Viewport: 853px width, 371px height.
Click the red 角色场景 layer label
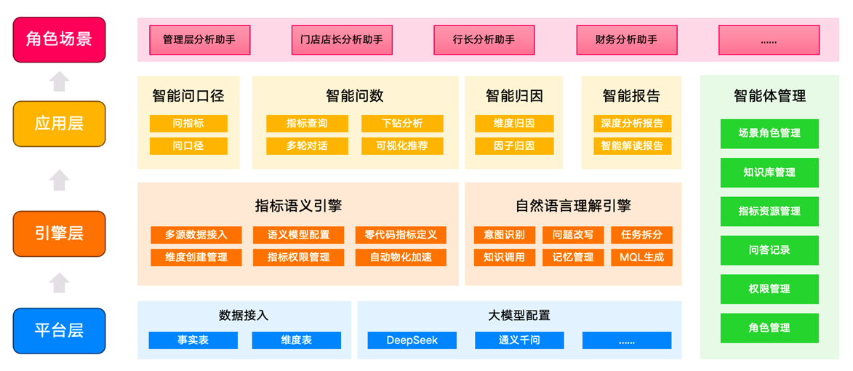point(59,39)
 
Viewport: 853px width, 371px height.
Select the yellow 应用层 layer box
point(59,124)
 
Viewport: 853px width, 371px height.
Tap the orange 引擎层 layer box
point(59,234)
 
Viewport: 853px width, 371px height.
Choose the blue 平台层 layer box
point(59,331)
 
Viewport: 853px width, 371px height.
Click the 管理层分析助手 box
point(200,40)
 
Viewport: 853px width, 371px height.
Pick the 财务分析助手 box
point(627,40)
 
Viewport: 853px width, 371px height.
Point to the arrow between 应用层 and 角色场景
point(59,81)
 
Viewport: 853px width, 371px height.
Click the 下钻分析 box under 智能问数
point(403,124)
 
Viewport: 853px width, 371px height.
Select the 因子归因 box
point(514,145)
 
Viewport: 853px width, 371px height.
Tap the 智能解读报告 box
point(632,145)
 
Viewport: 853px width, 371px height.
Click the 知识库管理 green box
point(769,172)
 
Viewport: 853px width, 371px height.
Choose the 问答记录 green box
point(769,250)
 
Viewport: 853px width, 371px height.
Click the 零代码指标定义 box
point(401,235)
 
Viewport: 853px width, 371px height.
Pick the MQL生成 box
point(642,258)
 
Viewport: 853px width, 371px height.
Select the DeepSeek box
point(412,340)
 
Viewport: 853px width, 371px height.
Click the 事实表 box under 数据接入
point(193,340)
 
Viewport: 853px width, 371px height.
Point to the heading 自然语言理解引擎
point(573,206)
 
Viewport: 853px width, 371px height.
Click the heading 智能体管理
point(769,96)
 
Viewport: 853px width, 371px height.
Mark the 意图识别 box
point(504,235)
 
